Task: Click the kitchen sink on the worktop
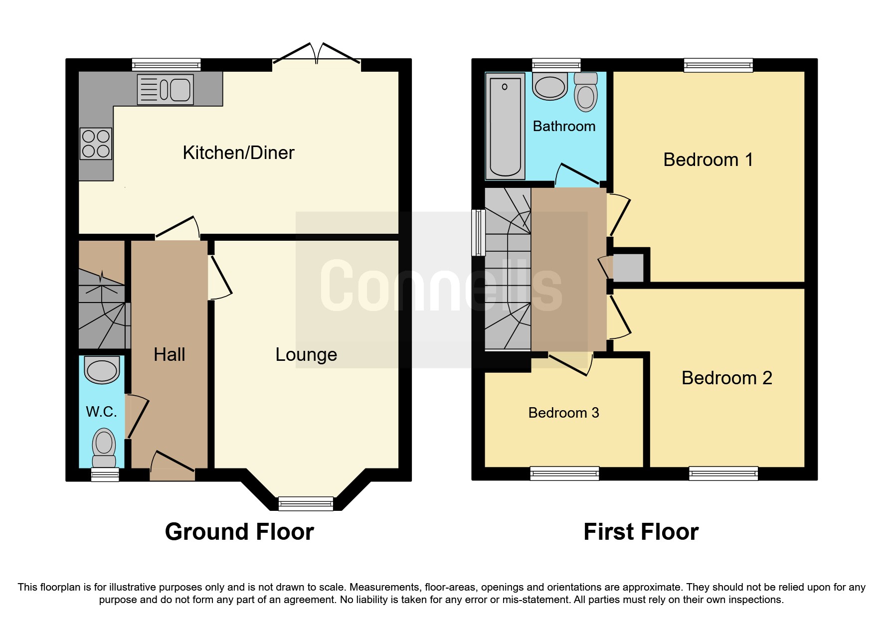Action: [x=166, y=90]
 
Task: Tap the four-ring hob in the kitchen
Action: [x=96, y=144]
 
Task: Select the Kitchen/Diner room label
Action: [x=238, y=153]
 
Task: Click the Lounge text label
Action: [x=306, y=354]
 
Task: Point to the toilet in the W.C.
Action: [x=104, y=447]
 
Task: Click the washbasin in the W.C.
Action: [x=102, y=370]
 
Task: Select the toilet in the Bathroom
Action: [x=585, y=93]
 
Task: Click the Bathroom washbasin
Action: [x=550, y=87]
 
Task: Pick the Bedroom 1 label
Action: [x=707, y=159]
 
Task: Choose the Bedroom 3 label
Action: [x=563, y=413]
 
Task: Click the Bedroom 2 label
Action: [x=726, y=378]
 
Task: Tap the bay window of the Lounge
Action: [x=306, y=504]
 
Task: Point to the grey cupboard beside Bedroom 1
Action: [x=628, y=268]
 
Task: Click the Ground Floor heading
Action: [x=239, y=531]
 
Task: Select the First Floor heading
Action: [x=641, y=531]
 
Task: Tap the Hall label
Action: [x=169, y=354]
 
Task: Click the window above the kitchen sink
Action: [x=166, y=65]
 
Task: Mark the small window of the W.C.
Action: [x=105, y=474]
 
